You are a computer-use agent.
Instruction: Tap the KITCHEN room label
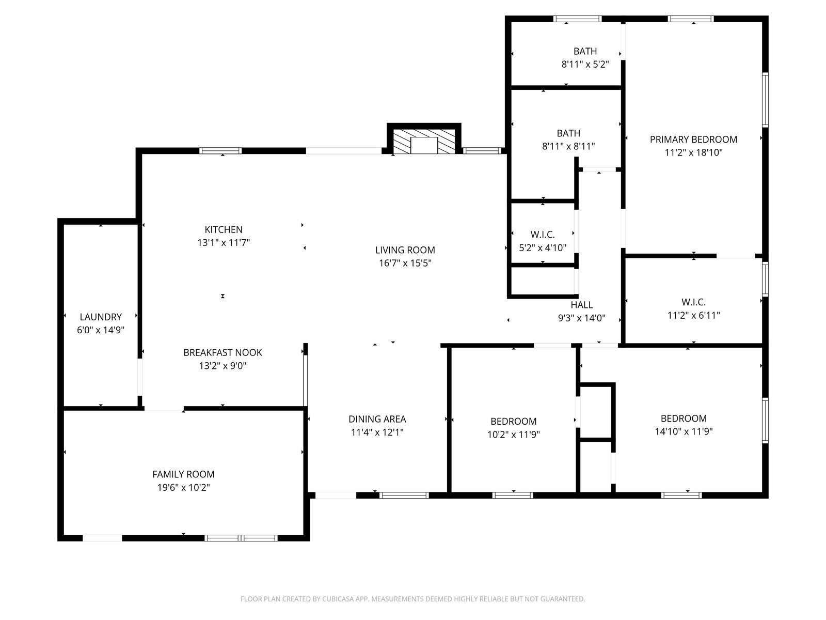point(224,229)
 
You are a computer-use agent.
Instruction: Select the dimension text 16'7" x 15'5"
point(405,263)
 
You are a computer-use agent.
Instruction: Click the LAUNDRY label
point(101,317)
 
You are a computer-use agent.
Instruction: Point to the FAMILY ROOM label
point(183,474)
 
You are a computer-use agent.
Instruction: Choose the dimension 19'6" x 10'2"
point(183,487)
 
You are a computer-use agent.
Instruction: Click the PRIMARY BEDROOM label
point(693,139)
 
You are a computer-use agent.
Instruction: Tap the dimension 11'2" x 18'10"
point(693,152)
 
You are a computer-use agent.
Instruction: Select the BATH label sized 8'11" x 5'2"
point(585,51)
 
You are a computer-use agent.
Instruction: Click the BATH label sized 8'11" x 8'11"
point(568,133)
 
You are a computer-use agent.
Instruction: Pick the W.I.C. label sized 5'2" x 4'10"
point(543,235)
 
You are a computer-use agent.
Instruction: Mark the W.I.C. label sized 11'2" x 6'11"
point(693,302)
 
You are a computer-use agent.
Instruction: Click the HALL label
point(582,305)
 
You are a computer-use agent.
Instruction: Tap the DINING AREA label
point(377,419)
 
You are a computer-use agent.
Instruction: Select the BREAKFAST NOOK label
point(223,352)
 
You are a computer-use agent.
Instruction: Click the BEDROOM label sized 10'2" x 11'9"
point(513,421)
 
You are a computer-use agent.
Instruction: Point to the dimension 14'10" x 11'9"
point(684,431)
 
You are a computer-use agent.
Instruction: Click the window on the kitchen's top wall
point(220,151)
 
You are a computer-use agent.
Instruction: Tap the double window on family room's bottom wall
point(241,538)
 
